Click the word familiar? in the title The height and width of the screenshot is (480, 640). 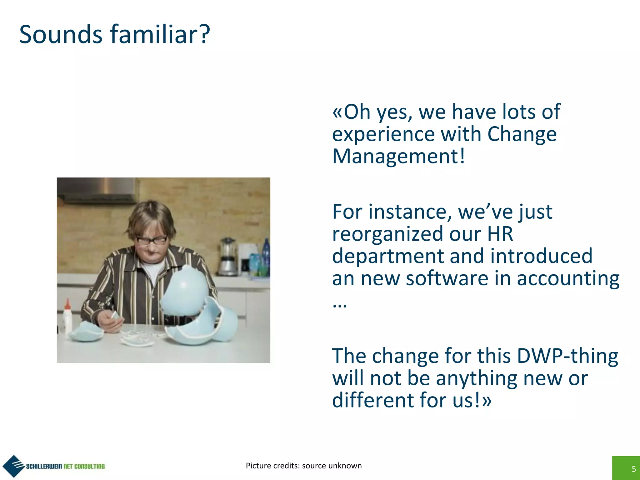160,34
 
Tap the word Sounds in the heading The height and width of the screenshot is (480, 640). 61,34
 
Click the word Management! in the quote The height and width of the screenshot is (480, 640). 398,156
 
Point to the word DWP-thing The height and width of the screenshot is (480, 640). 567,356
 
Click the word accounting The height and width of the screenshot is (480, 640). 568,278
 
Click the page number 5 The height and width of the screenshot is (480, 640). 633,469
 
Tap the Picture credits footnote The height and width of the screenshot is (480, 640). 303,466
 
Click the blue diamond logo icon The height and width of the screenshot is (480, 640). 13,466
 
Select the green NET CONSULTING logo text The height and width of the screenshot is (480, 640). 84,466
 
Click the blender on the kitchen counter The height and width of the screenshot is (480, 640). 228,256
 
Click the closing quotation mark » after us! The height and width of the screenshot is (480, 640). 487,401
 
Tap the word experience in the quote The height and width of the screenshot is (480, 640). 383,134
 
